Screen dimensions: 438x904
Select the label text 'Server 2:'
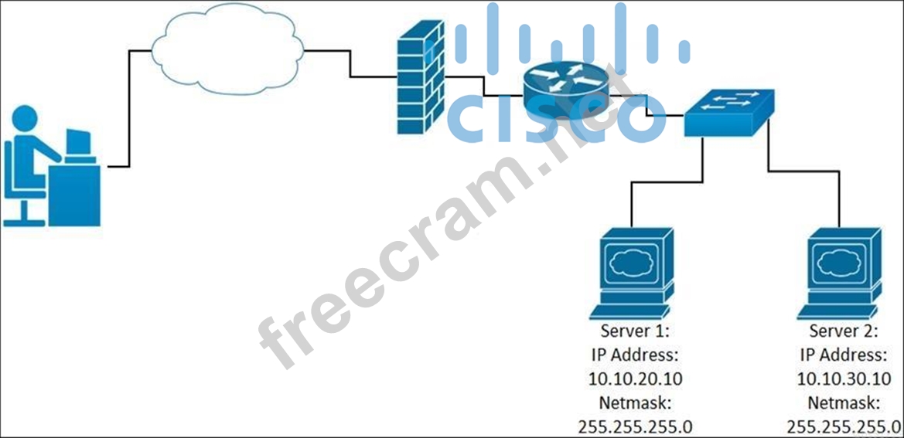[x=843, y=331]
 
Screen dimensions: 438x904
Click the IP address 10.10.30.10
[x=843, y=379]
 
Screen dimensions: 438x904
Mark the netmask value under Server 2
[x=843, y=426]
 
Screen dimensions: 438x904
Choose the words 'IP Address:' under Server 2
[x=843, y=355]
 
